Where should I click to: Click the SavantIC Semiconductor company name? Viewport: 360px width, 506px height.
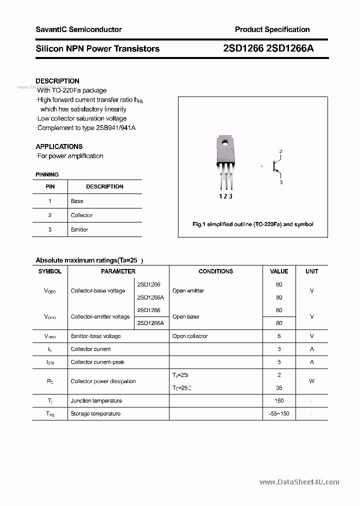78,29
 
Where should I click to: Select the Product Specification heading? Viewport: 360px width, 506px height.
272,29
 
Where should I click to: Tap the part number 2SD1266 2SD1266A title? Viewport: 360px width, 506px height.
268,48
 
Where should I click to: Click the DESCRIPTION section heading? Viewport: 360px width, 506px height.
57,81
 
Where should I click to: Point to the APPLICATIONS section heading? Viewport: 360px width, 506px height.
59,146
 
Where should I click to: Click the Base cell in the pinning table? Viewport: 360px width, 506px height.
77,201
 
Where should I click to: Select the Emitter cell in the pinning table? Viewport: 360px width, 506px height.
79,229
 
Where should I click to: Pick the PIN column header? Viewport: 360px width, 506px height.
50,186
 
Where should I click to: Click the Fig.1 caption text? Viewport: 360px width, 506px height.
253,224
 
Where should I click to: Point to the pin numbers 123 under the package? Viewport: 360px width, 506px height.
225,196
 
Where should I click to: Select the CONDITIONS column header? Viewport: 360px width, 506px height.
216,271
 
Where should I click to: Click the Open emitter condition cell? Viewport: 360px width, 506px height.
188,290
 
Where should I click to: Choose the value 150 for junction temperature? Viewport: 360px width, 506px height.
279,400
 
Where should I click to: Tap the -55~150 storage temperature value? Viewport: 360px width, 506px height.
279,413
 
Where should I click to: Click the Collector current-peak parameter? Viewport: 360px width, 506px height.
97,362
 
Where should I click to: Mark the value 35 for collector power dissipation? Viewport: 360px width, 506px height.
279,387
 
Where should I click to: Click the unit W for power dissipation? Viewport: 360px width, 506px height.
311,381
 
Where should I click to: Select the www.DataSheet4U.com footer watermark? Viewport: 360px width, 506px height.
299,482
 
